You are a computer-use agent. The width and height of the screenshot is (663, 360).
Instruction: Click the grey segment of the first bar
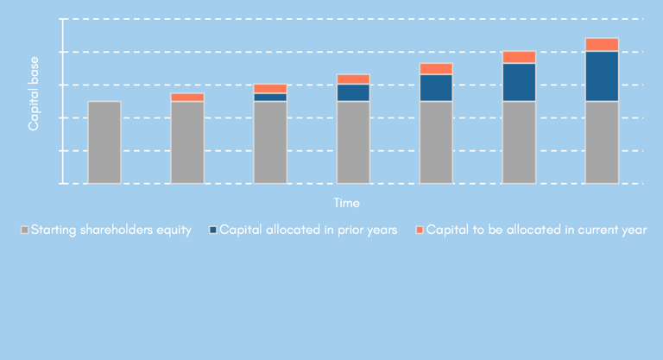104,142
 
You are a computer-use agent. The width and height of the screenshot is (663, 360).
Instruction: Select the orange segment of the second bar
187,98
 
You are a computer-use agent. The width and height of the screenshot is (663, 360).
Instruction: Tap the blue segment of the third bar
270,98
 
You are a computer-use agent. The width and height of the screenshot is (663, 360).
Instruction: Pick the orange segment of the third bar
270,88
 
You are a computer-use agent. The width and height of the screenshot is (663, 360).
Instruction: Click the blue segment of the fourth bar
353,92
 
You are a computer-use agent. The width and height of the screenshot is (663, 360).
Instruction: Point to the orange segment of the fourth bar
353,79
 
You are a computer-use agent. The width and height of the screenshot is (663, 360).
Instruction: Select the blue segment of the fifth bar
436,88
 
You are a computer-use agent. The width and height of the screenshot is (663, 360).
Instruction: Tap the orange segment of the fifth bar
436,69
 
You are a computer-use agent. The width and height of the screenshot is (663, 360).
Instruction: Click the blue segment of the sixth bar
519,82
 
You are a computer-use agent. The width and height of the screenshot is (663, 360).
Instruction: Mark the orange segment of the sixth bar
519,57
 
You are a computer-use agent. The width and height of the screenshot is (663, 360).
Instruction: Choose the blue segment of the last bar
602,76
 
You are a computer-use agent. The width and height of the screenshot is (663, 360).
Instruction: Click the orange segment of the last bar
602,45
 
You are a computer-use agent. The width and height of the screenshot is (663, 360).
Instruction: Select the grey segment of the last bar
602,142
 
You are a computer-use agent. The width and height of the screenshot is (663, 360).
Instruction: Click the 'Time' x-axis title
347,203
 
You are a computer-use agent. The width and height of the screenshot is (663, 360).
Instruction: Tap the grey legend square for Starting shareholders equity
24,231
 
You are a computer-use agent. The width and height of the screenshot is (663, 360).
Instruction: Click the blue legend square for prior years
212,231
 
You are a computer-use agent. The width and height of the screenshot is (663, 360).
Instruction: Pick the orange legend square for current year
420,231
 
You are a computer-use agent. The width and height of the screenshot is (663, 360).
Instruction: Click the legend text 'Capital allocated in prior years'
308,231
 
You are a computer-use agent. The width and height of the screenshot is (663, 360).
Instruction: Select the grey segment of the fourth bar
353,142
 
